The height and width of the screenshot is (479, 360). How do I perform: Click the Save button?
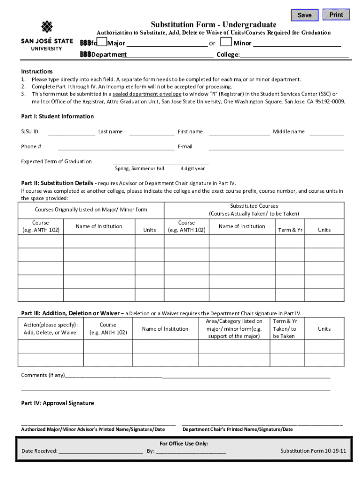click(304, 15)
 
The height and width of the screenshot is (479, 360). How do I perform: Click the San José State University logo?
click(47, 36)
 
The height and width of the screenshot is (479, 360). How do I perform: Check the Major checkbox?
click(102, 43)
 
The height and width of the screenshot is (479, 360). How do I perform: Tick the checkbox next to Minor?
click(226, 43)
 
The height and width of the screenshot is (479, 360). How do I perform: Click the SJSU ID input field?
click(71, 131)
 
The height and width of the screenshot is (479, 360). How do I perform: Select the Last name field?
click(151, 131)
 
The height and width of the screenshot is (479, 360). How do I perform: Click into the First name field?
click(239, 131)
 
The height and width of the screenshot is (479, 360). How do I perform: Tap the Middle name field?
click(326, 131)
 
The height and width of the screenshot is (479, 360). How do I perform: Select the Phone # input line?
click(115, 146)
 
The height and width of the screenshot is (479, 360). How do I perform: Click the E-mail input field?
click(276, 146)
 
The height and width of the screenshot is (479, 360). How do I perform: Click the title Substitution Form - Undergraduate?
click(213, 24)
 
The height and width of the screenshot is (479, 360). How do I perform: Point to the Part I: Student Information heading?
click(58, 116)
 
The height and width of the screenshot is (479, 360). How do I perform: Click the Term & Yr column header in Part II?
click(290, 230)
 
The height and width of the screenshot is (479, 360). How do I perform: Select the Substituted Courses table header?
click(254, 210)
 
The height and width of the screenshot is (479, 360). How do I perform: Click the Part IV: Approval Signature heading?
click(58, 403)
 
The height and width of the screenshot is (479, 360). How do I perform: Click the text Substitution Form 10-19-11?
click(313, 451)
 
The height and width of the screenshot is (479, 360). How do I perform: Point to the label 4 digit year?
click(193, 168)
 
